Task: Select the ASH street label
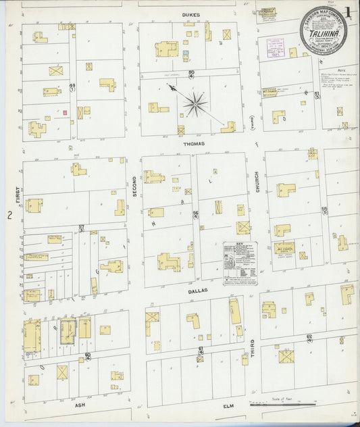(80, 405)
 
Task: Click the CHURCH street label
(257, 181)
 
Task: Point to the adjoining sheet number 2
(9, 216)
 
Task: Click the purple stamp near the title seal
(276, 49)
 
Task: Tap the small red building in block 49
(66, 113)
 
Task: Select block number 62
(309, 336)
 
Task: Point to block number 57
(81, 228)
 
